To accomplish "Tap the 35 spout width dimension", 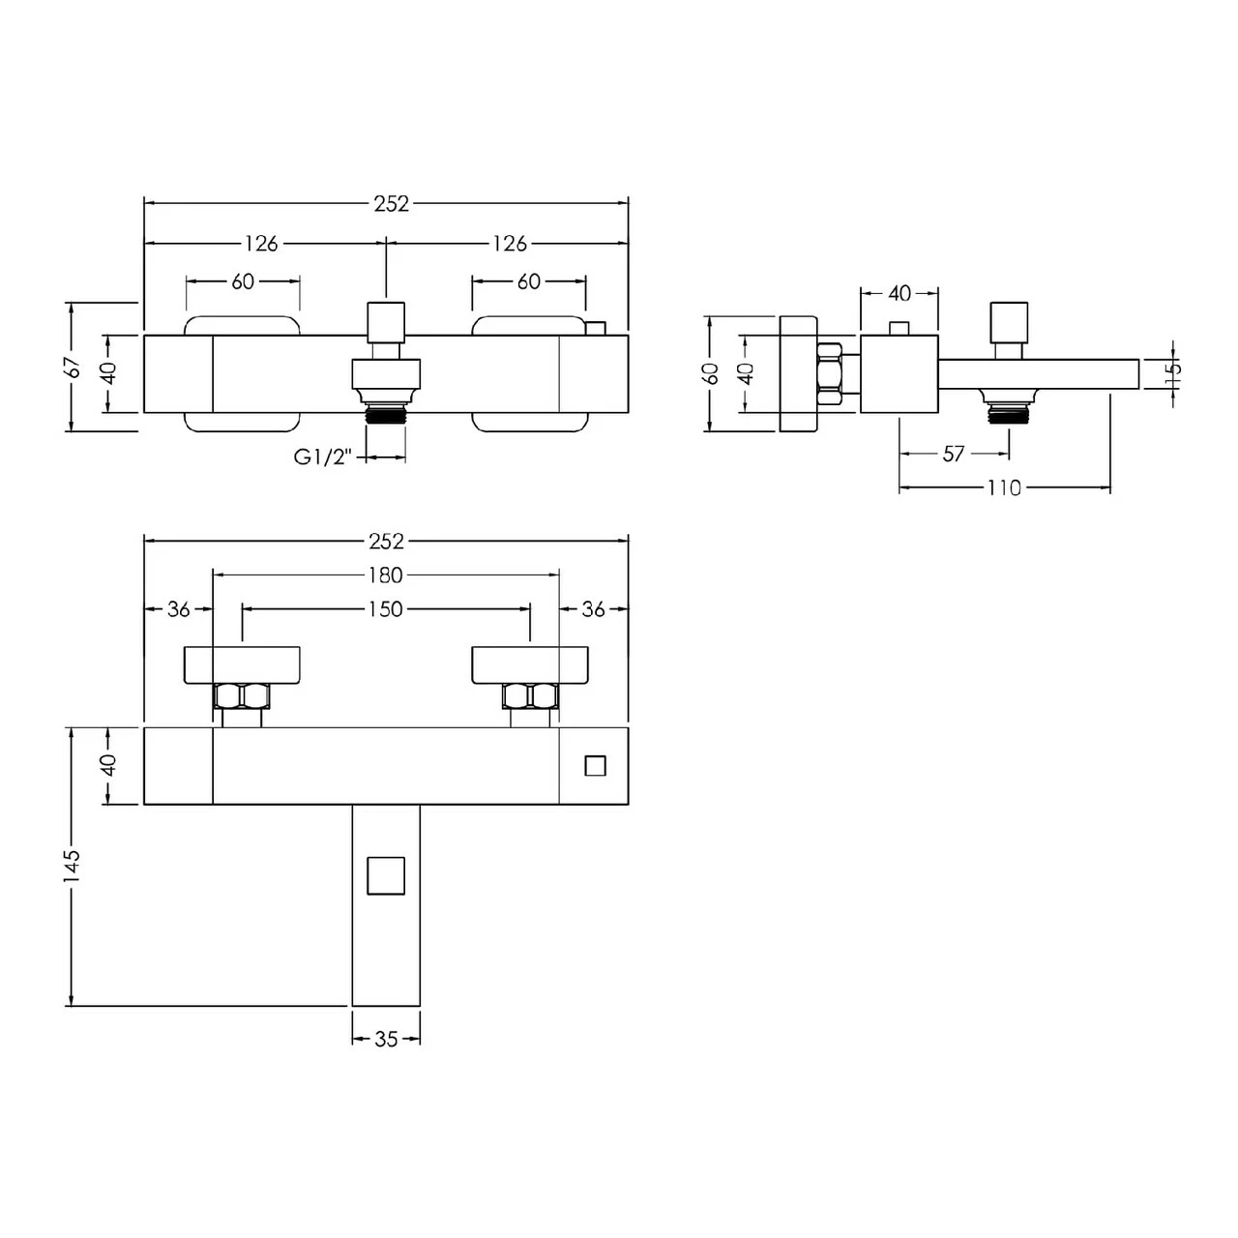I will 386,1040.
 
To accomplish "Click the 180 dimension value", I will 385,575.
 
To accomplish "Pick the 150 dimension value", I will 385,609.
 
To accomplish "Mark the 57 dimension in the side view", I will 955,454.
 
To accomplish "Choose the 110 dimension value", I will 1004,488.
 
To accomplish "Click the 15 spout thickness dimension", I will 1173,373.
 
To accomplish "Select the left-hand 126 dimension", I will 261,244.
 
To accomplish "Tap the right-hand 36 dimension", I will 593,609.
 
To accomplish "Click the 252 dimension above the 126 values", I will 392,204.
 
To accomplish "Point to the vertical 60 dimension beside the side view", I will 713,373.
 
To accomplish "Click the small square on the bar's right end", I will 595,766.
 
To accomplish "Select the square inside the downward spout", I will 386,875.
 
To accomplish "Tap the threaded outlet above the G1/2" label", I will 386,414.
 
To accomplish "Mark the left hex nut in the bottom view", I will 242,696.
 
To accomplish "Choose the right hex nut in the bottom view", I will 530,696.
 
